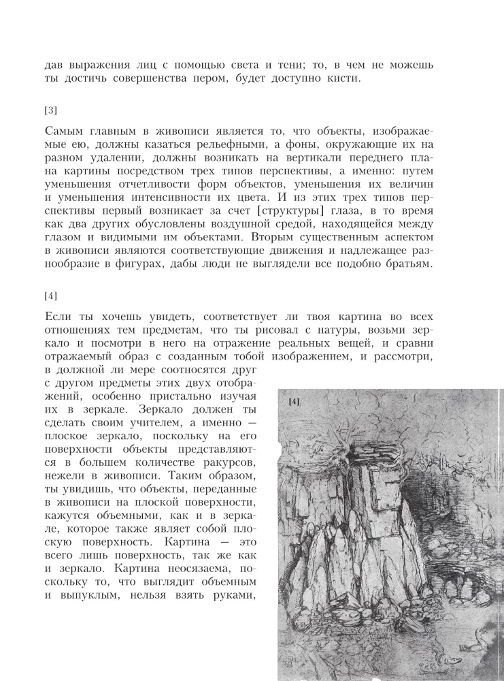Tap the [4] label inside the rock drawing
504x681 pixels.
295,402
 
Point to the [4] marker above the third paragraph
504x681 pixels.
50,296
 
